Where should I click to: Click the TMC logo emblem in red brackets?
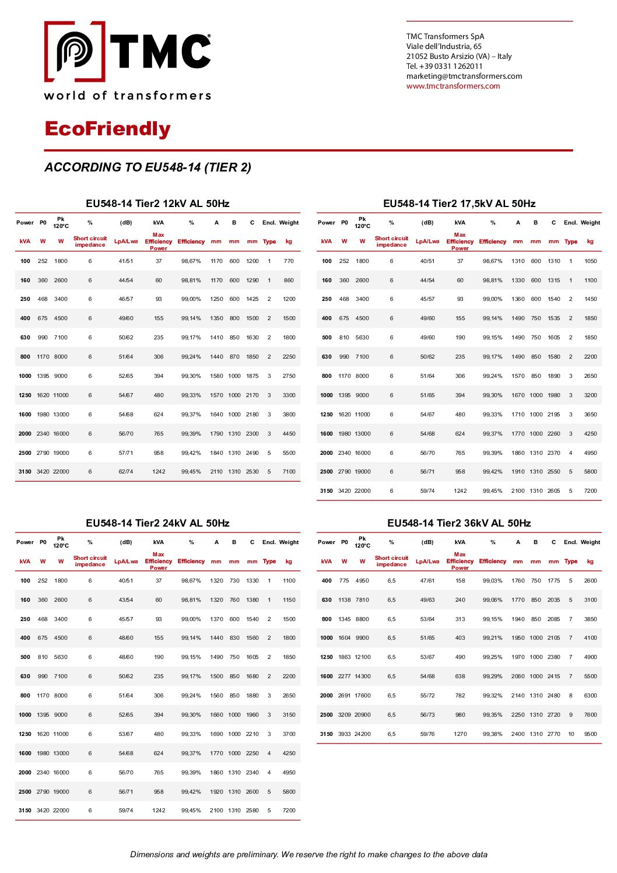[75, 51]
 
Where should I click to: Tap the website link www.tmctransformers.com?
[453, 86]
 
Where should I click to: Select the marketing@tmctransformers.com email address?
[464, 76]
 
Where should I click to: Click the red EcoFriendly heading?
[107, 129]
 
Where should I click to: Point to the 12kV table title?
[157, 204]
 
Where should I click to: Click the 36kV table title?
[459, 523]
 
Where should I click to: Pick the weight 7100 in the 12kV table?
[289, 472]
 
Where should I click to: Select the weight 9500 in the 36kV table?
[590, 734]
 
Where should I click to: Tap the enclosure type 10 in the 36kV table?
[571, 734]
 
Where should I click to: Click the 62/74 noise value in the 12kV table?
[126, 472]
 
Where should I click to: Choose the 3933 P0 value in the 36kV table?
[344, 734]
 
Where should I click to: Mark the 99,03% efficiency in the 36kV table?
[492, 581]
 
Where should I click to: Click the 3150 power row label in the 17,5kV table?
[327, 491]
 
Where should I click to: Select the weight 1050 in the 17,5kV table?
[590, 261]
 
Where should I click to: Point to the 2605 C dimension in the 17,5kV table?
[553, 491]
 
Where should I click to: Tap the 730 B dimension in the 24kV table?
[234, 581]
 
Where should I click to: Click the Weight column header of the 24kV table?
[289, 542]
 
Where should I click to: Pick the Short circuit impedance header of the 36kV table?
[391, 561]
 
